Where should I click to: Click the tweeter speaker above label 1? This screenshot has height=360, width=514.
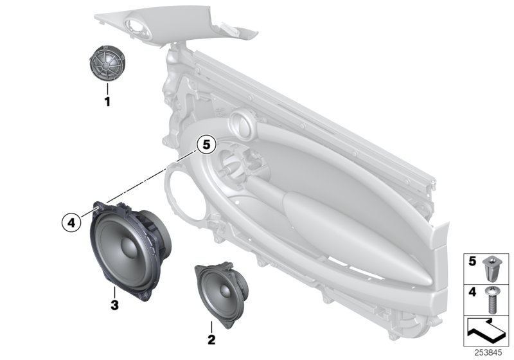coord(107,64)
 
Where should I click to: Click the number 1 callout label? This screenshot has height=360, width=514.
coord(108,102)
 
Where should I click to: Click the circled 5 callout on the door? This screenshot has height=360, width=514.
coord(204,145)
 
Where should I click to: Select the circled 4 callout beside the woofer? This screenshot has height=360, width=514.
coord(72,223)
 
